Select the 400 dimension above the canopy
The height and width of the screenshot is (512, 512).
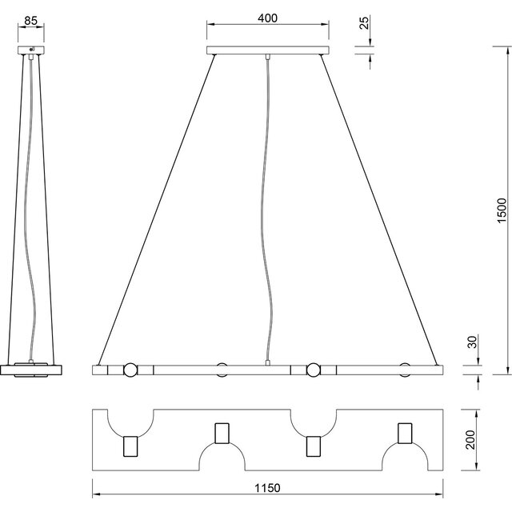coord(268,17)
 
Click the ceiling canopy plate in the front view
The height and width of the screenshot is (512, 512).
coord(268,50)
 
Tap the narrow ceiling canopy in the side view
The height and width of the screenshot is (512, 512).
coord(32,50)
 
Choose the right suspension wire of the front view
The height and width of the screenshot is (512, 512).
coord(380,208)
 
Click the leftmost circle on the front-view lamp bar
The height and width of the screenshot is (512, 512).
coord(128,370)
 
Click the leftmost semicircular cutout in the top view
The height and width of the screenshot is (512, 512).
coord(128,420)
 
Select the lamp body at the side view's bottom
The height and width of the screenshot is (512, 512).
coord(31,370)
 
